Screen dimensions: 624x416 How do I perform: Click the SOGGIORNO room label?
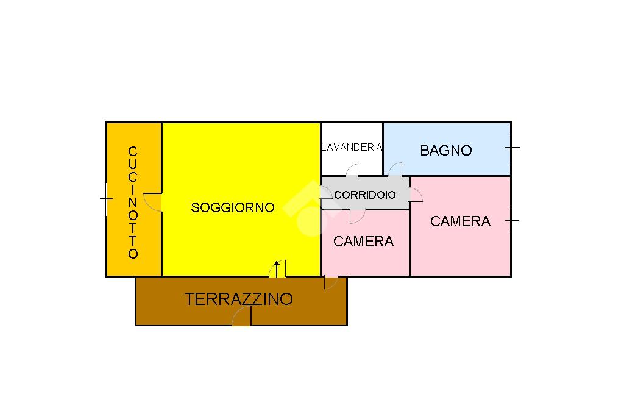coord(233,207)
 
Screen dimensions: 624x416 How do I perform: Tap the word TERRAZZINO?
coord(239,299)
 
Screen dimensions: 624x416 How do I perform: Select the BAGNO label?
coord(446,151)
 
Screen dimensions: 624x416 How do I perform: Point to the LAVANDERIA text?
coord(352,147)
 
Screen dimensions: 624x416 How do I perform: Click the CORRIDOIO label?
coord(364,195)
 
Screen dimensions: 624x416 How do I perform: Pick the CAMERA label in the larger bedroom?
coord(460,221)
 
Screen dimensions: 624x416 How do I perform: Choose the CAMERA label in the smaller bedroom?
coord(363,242)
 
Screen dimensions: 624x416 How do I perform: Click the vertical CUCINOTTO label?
coord(133,203)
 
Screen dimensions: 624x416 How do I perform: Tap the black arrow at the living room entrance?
coord(277,268)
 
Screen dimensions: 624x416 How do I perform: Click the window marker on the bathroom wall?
coord(512,147)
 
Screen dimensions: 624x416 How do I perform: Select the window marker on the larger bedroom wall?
coord(512,220)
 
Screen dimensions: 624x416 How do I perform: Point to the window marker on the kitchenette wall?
coord(107,199)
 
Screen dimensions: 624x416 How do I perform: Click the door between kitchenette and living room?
coord(154,202)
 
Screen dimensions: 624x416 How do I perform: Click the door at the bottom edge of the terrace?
coord(241,317)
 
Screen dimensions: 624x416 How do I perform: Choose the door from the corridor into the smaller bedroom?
coord(356,216)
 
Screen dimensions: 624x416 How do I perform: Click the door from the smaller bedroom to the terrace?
coord(331,282)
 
